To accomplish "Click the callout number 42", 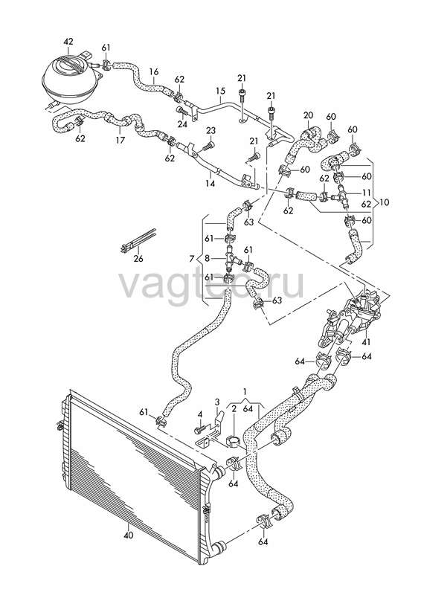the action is click(68, 42).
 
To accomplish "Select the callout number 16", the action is click(154, 71).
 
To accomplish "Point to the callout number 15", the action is click(221, 91).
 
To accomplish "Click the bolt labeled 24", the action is click(181, 111).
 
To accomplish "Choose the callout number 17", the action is click(120, 140).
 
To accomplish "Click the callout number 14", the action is click(210, 184).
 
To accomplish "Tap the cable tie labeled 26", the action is click(138, 240).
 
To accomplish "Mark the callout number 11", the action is click(366, 193).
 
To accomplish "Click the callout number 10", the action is click(384, 202).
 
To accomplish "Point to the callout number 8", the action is click(207, 259).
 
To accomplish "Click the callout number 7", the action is click(192, 259).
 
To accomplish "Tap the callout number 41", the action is click(366, 342).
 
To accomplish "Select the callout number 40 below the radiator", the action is click(129, 535).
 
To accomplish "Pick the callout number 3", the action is click(217, 402).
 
